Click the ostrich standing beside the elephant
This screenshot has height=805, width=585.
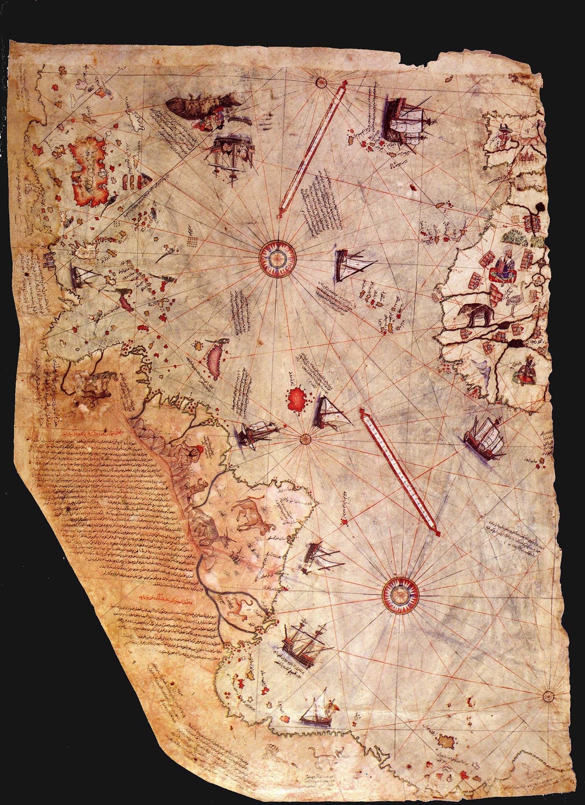point(512,300)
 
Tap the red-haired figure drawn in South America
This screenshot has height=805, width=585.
point(196,452)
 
